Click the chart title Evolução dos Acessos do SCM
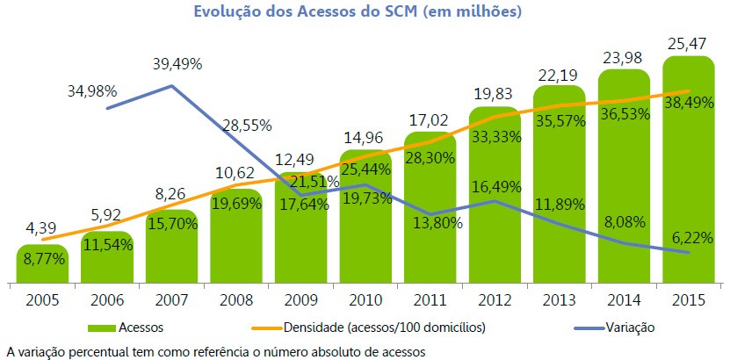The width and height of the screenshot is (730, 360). point(365,11)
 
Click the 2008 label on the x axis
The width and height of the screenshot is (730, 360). point(235,299)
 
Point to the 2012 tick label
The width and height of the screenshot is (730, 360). point(494,299)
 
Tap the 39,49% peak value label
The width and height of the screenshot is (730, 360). point(176,63)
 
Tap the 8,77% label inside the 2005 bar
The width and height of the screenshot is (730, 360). point(42,260)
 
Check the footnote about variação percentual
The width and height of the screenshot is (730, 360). point(215,351)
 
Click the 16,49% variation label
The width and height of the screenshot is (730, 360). point(494,187)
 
